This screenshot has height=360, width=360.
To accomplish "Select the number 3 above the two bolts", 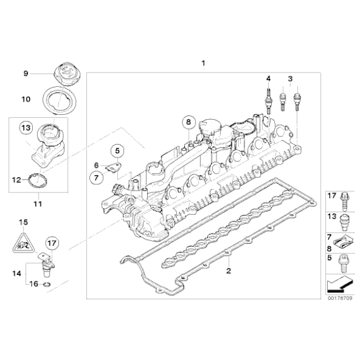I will coord(289,78).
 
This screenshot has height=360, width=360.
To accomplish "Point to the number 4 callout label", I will coord(268,78).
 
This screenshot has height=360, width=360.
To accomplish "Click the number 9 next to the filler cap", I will coord(26,74).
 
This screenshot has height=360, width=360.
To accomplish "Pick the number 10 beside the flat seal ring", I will coord(26,99).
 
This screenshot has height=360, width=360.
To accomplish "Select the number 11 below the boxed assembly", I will coord(37,202).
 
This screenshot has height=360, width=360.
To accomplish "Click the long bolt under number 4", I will coord(268,97).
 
